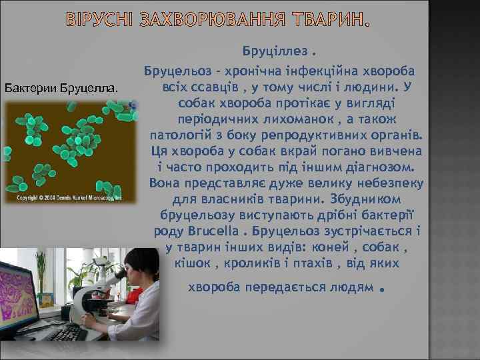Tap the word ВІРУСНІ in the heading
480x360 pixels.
click(x=103, y=23)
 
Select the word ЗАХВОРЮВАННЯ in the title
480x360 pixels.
click(x=216, y=23)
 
